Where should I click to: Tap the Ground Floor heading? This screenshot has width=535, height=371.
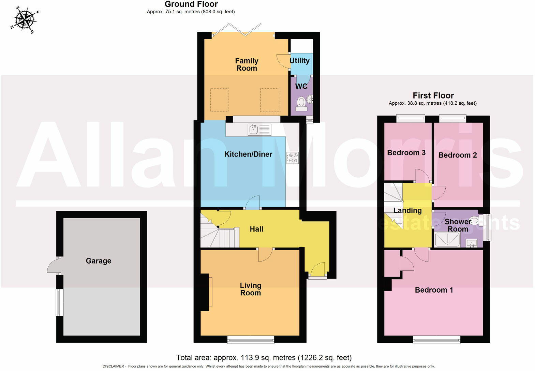[x=191, y=4]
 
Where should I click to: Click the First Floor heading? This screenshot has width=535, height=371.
[x=433, y=95]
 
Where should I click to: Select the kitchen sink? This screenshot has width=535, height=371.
[x=259, y=130]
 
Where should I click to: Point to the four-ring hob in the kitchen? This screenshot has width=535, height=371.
[x=293, y=158]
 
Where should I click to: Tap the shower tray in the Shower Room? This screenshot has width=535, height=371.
[x=447, y=239]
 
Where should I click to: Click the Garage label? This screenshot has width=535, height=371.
[x=99, y=261]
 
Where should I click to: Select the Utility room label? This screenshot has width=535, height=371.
[x=299, y=61]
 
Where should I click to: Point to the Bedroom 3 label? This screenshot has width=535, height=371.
[x=406, y=153]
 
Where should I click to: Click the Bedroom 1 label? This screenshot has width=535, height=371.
[x=434, y=290]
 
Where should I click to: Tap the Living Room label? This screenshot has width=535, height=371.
[x=251, y=289]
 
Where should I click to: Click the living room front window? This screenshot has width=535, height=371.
[x=251, y=339]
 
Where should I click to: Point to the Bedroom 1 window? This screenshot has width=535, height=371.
[x=436, y=339]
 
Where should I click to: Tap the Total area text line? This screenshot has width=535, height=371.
[x=264, y=358]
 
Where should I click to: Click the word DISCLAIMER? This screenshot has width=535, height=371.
[x=113, y=367]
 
